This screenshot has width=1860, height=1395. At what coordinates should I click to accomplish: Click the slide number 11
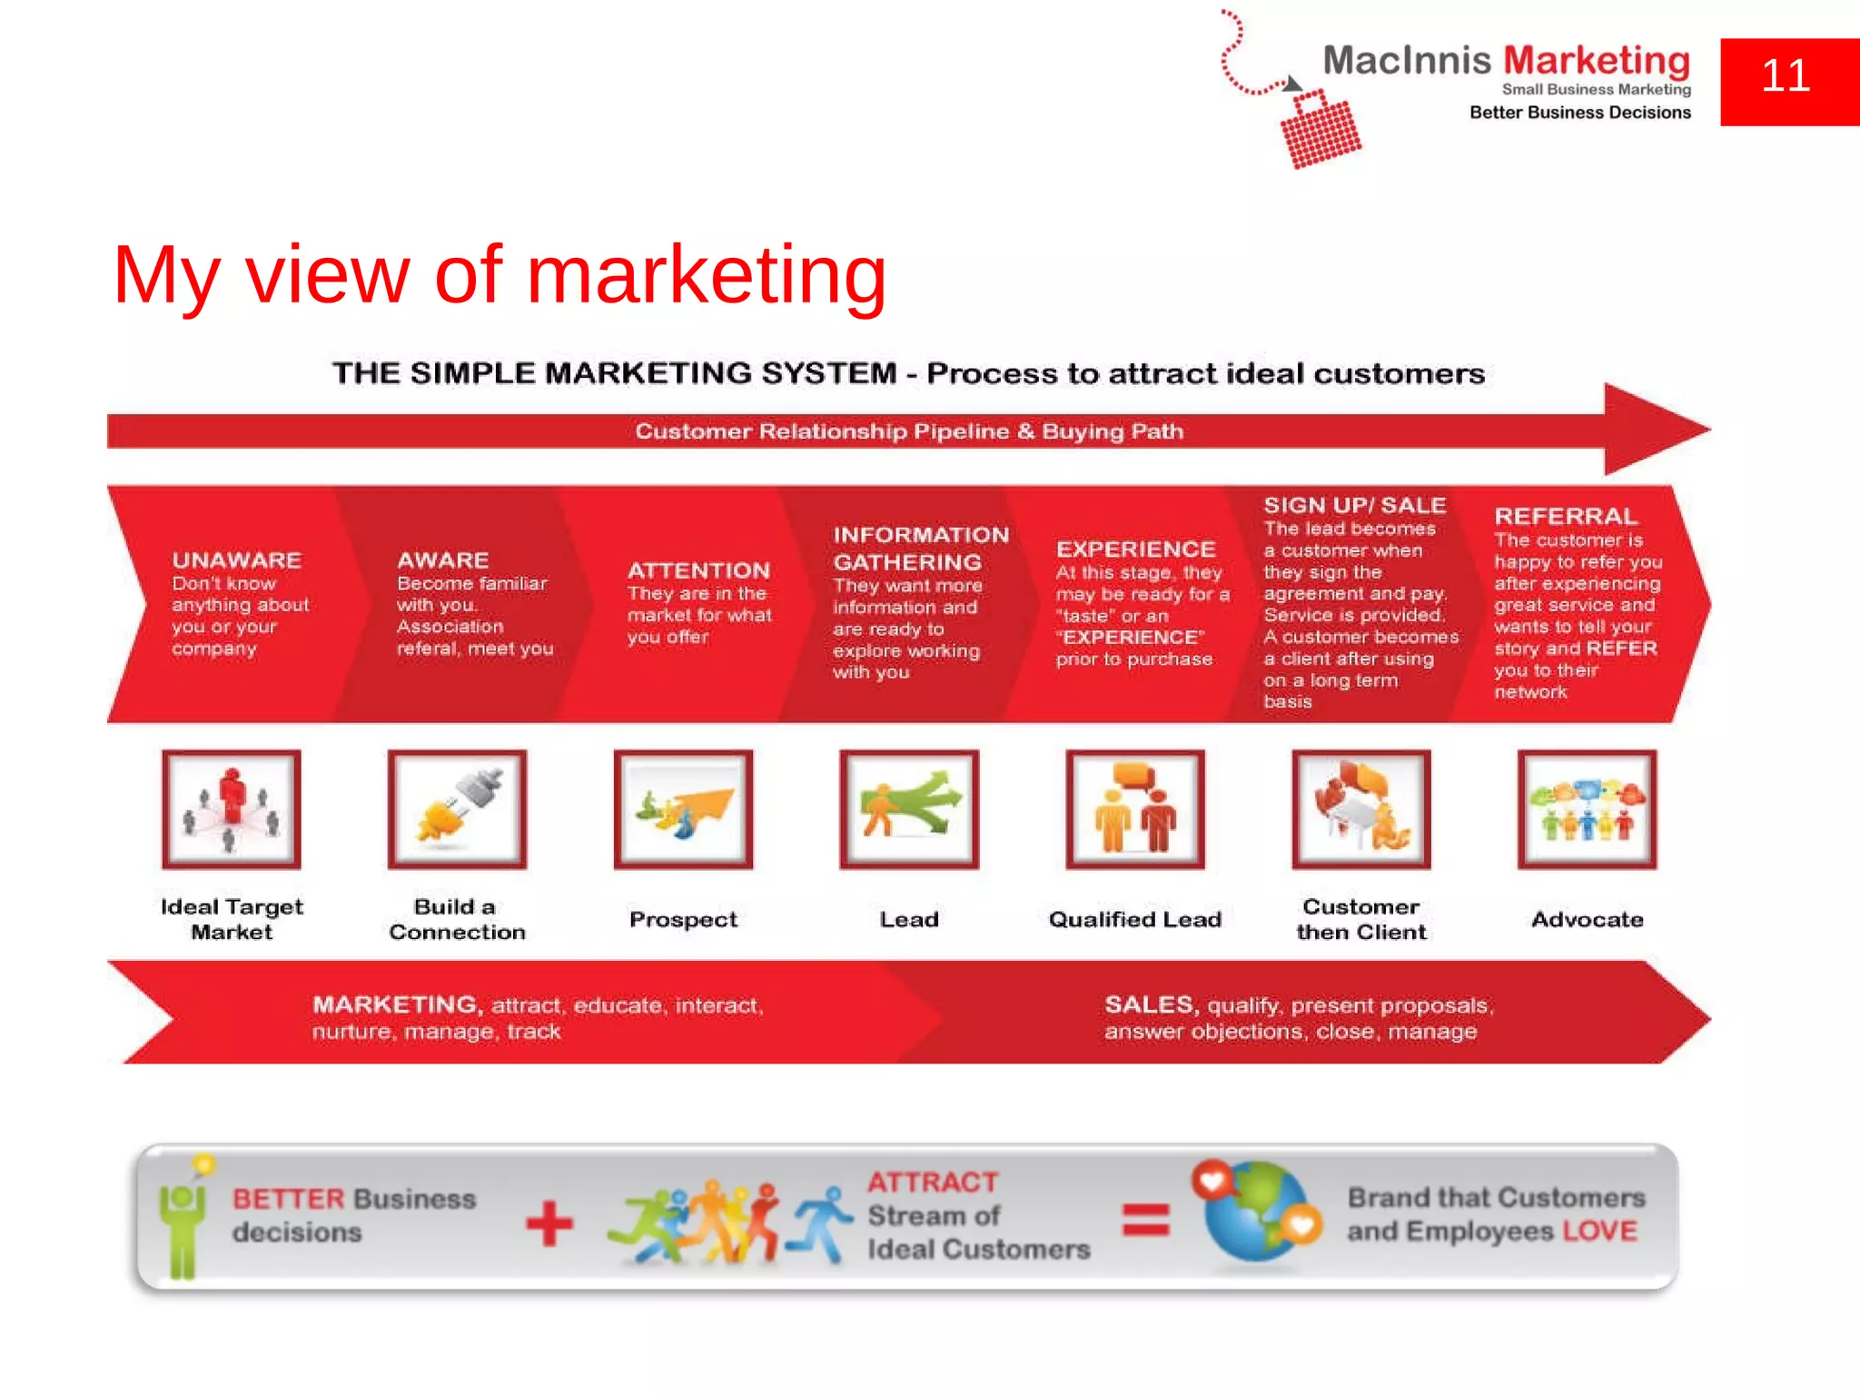pyautogui.click(x=1786, y=75)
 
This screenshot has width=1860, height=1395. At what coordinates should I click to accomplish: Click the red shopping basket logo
pyautogui.click(x=1320, y=130)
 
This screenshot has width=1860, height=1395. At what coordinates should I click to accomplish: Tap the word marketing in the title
pyautogui.click(x=706, y=275)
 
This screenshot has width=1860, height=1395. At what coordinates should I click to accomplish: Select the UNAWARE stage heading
pyautogui.click(x=237, y=560)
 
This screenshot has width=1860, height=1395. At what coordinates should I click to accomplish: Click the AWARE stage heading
pyautogui.click(x=442, y=560)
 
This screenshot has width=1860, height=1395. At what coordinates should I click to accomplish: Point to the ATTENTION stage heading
pyautogui.click(x=698, y=570)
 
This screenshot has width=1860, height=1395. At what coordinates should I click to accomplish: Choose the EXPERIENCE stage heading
pyautogui.click(x=1135, y=549)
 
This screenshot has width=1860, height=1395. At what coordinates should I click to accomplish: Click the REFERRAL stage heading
pyautogui.click(x=1566, y=517)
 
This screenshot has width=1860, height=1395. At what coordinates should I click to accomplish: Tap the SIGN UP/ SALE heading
pyautogui.click(x=1354, y=506)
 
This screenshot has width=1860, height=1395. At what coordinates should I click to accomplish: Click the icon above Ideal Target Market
pyautogui.click(x=232, y=809)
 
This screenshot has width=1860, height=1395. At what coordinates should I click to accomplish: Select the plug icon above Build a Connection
pyautogui.click(x=457, y=809)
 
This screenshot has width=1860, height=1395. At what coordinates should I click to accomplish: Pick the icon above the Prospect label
pyautogui.click(x=683, y=809)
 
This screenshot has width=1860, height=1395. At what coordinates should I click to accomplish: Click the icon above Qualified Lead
pyautogui.click(x=1135, y=809)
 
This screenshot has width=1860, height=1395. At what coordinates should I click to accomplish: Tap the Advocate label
pyautogui.click(x=1587, y=919)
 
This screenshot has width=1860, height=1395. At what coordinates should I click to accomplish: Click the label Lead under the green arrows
pyautogui.click(x=909, y=919)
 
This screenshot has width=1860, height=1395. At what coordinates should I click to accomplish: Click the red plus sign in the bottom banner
pyautogui.click(x=549, y=1223)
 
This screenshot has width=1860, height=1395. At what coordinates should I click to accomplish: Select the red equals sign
pyautogui.click(x=1145, y=1220)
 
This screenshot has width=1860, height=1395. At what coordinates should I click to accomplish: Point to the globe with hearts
pyautogui.click(x=1258, y=1212)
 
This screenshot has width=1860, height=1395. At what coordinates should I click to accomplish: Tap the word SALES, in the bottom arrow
pyautogui.click(x=1151, y=1004)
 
